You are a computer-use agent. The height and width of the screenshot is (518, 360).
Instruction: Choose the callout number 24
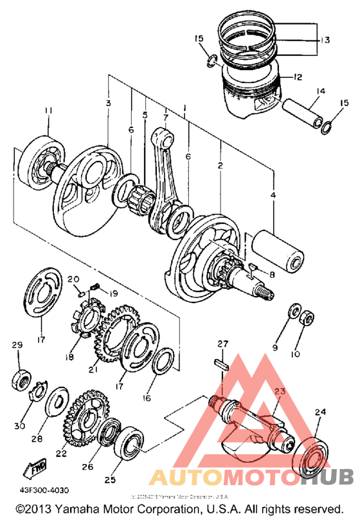pos(319,412)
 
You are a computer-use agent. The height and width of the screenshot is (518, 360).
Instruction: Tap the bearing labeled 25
pos(131,443)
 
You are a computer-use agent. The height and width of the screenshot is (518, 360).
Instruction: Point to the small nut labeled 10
pos(307,317)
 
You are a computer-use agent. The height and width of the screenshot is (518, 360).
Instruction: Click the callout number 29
pos(17,346)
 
